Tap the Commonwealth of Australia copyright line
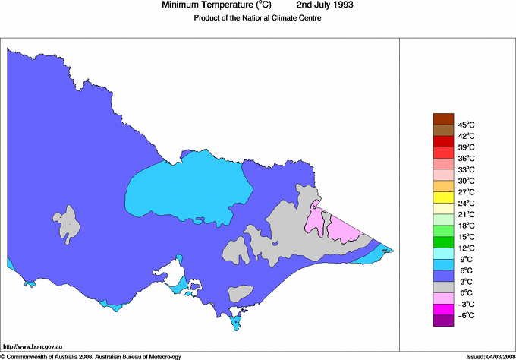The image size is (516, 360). coord(99,355)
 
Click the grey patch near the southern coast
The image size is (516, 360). coord(241,292)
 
